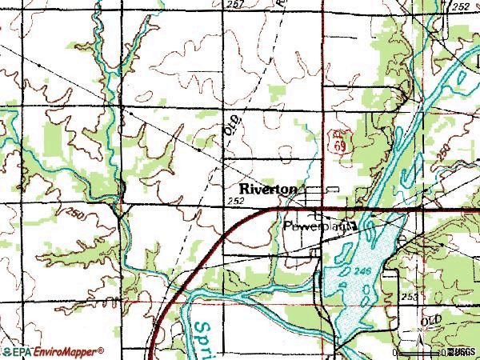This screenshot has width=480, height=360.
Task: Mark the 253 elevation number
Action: pos(410,296)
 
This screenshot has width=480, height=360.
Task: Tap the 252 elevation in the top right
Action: pos(461,6)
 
